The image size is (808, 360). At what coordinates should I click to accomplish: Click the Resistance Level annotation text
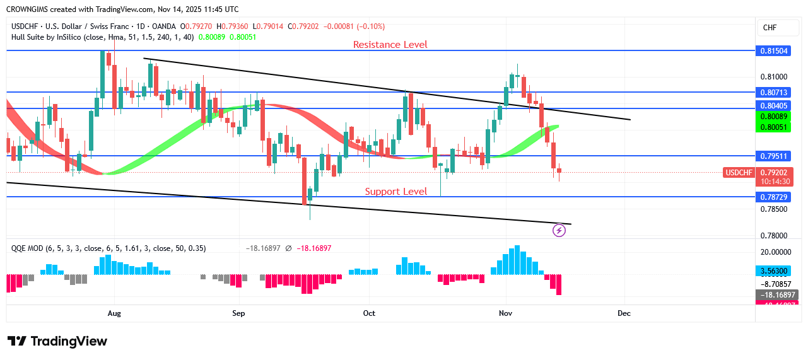coord(390,45)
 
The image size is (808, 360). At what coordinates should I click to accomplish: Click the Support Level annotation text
coord(396,192)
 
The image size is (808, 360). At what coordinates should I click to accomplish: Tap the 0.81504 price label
coord(774,50)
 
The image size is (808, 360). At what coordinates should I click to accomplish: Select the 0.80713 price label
coord(774,92)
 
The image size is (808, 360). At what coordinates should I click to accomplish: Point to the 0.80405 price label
coord(774,105)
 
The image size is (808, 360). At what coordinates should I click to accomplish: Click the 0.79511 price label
coord(774,156)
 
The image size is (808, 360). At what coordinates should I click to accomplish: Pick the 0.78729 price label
coord(774,197)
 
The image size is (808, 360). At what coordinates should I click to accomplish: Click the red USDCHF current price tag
coord(739,172)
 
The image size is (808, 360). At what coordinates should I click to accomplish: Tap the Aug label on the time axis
coord(114,313)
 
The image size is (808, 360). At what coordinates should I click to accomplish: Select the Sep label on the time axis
coord(238,313)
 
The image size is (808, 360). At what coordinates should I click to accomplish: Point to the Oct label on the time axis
coord(369,313)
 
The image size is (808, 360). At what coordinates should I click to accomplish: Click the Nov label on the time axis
coord(505,313)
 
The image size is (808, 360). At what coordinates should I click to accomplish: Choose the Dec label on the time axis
coord(624,313)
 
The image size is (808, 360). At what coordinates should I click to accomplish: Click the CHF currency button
coord(770,28)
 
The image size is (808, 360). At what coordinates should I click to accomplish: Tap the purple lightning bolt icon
coord(559,231)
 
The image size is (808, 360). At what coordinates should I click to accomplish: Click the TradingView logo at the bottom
coord(57,341)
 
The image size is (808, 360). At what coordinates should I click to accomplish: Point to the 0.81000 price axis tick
coord(774,78)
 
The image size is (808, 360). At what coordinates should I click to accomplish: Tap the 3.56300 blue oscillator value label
coord(774,271)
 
